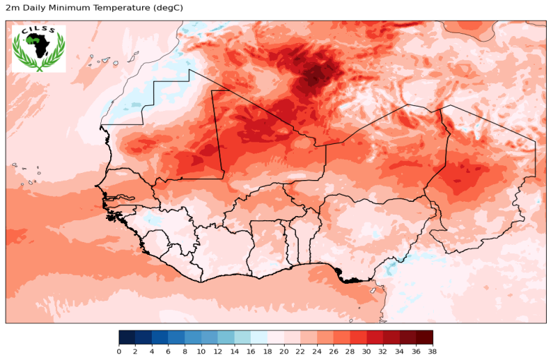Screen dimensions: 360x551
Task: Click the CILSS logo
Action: (x=38, y=48)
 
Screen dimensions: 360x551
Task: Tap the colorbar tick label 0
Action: (x=119, y=351)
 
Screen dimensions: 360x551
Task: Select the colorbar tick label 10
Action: (x=201, y=351)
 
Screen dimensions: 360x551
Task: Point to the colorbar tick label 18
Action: (x=268, y=351)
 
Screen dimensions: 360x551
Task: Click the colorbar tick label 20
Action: (x=284, y=351)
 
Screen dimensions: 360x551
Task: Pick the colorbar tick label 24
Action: (x=317, y=351)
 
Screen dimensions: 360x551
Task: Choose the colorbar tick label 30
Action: (x=367, y=351)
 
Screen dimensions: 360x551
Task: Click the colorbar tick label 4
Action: (x=152, y=351)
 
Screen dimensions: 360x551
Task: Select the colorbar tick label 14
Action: (x=235, y=351)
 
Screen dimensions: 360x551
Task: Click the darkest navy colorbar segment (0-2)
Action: (x=127, y=337)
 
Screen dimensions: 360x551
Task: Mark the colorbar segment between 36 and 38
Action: (x=425, y=337)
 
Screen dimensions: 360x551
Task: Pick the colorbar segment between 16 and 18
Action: (x=259, y=337)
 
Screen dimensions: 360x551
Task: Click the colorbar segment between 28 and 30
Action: (x=358, y=337)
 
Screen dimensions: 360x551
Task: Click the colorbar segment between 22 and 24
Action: (x=309, y=337)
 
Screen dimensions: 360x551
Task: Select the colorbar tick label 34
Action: (x=400, y=351)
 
